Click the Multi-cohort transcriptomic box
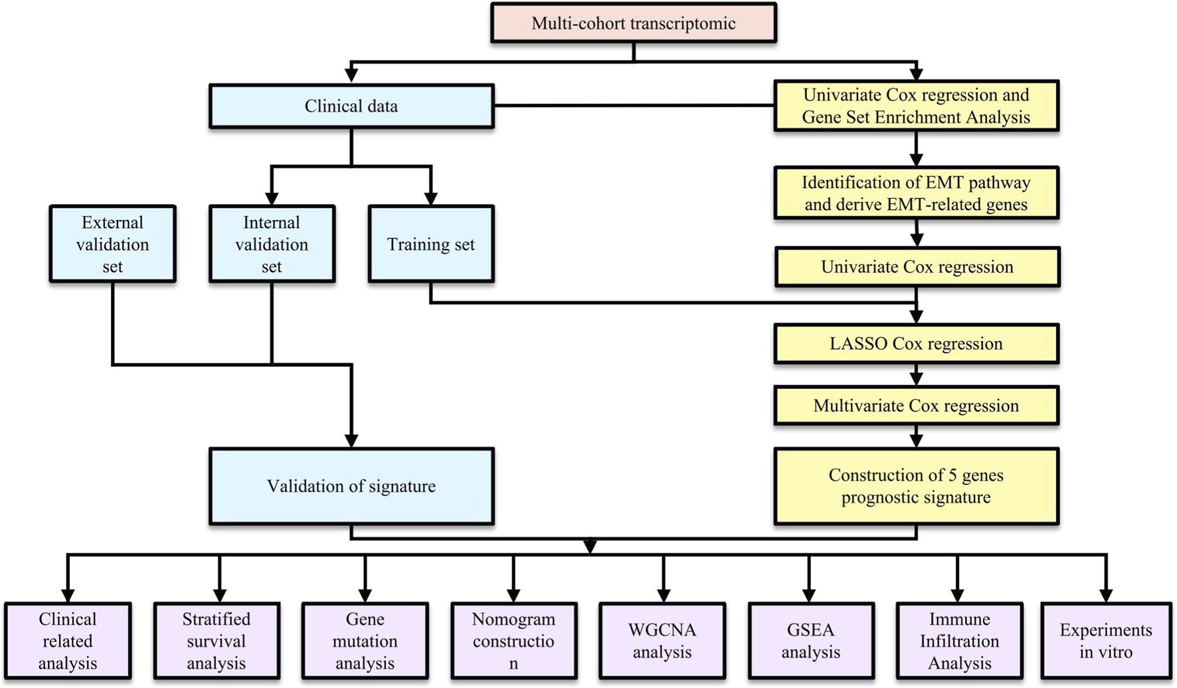(x=633, y=23)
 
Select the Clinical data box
(x=351, y=106)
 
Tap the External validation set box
(x=112, y=244)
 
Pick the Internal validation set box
(x=272, y=244)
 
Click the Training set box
(x=430, y=244)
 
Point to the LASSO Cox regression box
(x=916, y=344)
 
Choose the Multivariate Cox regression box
(x=916, y=405)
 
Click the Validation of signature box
(x=351, y=486)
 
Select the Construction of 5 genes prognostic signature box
(x=916, y=486)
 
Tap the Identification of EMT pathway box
(x=916, y=193)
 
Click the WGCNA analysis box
(x=662, y=641)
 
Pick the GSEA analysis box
(x=810, y=641)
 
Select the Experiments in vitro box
(x=1105, y=641)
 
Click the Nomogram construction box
(x=513, y=641)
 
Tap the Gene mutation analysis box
(x=365, y=641)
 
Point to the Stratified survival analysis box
(x=216, y=641)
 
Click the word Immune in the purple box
(x=959, y=619)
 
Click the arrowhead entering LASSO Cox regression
(x=916, y=316)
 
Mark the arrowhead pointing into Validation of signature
(x=351, y=441)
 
